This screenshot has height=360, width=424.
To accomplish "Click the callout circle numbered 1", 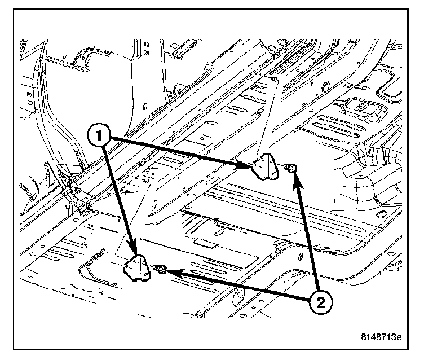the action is [x=99, y=135].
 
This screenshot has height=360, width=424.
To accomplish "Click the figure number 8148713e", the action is [x=381, y=338].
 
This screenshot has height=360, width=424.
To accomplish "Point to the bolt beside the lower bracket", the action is [x=161, y=270].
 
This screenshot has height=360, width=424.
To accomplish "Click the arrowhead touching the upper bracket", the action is [x=245, y=165].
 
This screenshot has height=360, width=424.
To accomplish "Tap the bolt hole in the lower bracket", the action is [x=142, y=269].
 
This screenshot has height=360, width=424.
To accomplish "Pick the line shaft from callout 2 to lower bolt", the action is [x=242, y=287].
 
